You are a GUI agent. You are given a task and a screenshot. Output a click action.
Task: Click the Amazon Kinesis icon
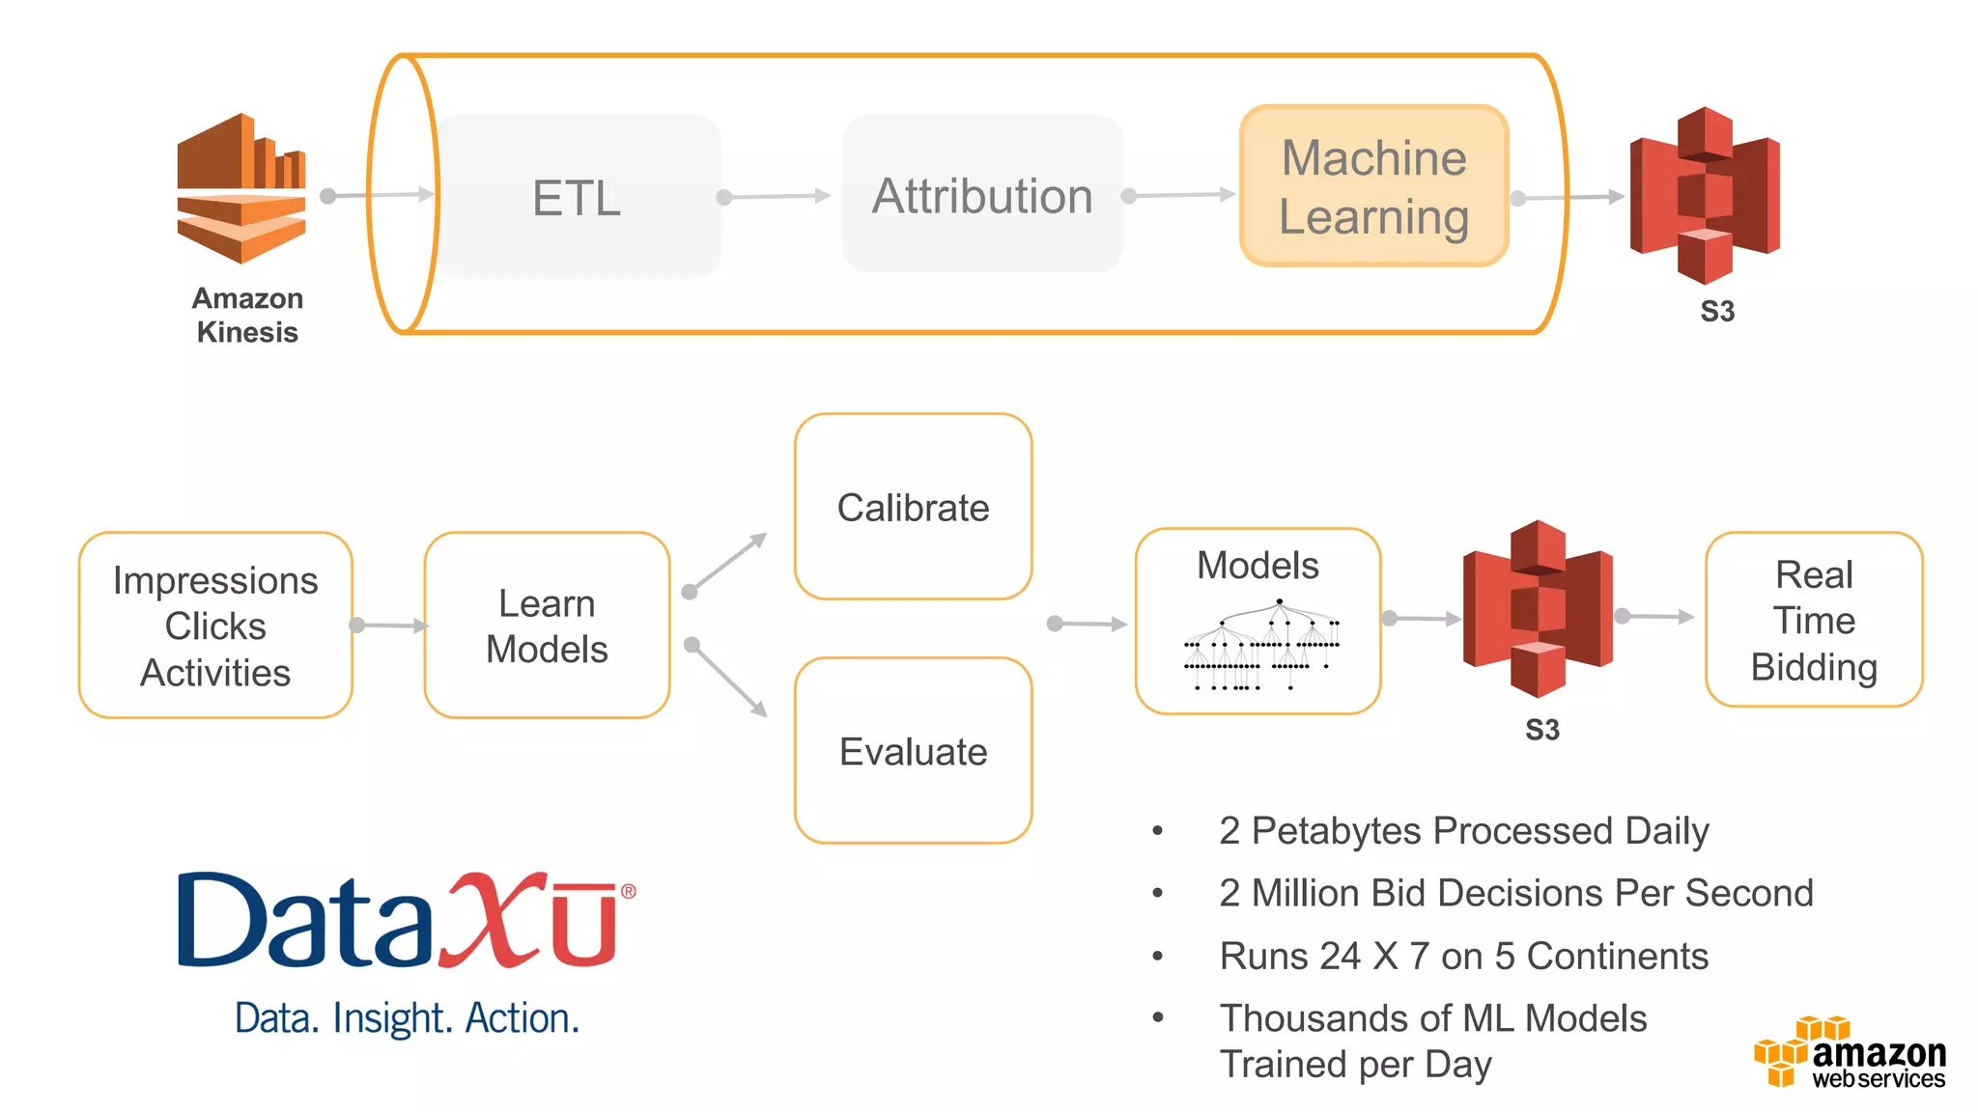(241, 188)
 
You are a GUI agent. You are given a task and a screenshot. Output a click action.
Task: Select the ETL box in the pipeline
(578, 197)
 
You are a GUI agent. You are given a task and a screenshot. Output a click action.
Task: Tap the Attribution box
(982, 195)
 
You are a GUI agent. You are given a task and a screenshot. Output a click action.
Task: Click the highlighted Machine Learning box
(1373, 186)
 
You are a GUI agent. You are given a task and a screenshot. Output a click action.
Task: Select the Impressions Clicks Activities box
(215, 625)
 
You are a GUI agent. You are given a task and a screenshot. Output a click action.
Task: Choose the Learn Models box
(547, 625)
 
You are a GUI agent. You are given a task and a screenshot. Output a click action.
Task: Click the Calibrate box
(913, 507)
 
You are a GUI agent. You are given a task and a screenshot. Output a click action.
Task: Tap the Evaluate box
(913, 751)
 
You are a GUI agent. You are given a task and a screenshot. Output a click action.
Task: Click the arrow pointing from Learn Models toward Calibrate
(726, 563)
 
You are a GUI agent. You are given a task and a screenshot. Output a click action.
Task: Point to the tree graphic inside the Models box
(1261, 645)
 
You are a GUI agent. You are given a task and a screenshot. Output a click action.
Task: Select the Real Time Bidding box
(1814, 620)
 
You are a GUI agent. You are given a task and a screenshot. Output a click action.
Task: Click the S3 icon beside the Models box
(1538, 610)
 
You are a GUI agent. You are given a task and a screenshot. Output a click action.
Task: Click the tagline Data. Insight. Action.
(407, 1018)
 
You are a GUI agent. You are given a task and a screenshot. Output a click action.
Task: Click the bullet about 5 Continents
(1463, 957)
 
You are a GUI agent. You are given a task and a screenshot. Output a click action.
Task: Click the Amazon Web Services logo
(1851, 1053)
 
